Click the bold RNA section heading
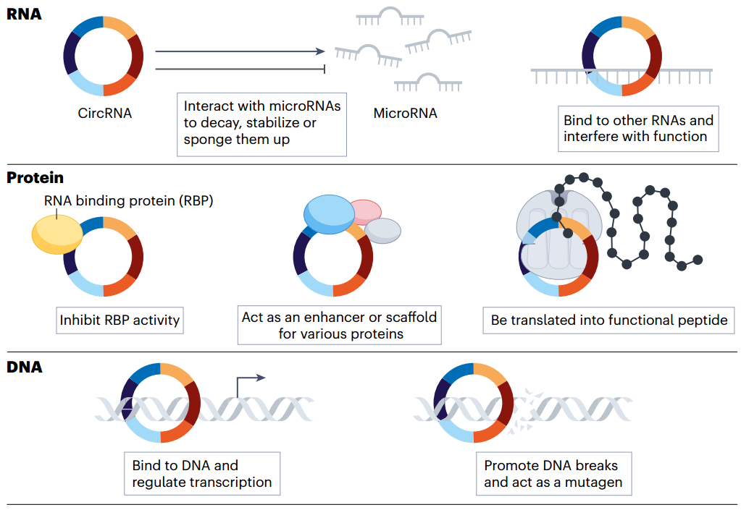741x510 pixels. (24, 14)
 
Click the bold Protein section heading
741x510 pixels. (35, 178)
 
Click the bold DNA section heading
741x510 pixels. (25, 367)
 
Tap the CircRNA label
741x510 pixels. (104, 114)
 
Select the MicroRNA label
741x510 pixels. (405, 114)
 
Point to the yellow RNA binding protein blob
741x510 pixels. (57, 234)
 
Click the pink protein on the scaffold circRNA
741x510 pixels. (365, 212)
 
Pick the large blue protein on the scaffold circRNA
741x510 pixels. (329, 214)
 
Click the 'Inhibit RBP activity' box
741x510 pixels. (120, 320)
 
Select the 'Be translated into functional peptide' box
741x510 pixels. (608, 320)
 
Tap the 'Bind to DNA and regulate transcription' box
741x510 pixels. (202, 474)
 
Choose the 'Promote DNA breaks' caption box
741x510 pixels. (554, 474)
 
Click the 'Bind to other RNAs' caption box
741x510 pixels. (638, 129)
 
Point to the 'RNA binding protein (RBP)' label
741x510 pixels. (128, 201)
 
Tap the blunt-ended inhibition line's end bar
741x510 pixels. (325, 69)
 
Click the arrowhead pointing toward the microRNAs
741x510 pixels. (321, 51)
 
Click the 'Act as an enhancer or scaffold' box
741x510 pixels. (339, 325)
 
